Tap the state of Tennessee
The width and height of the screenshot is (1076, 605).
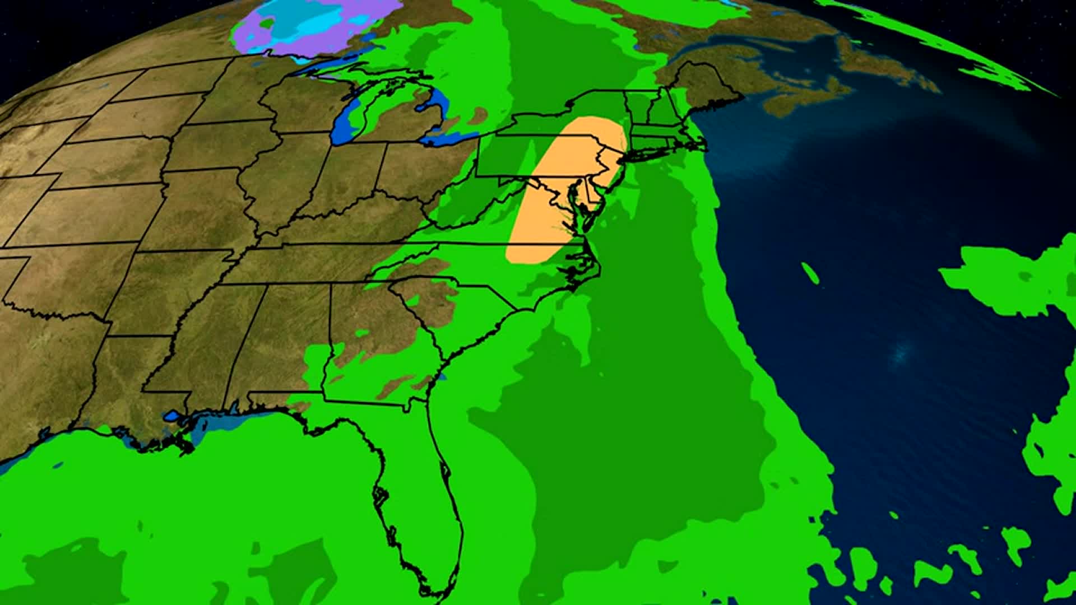pos(314,263)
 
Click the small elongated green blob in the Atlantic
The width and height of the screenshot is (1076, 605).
pos(810,273)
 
